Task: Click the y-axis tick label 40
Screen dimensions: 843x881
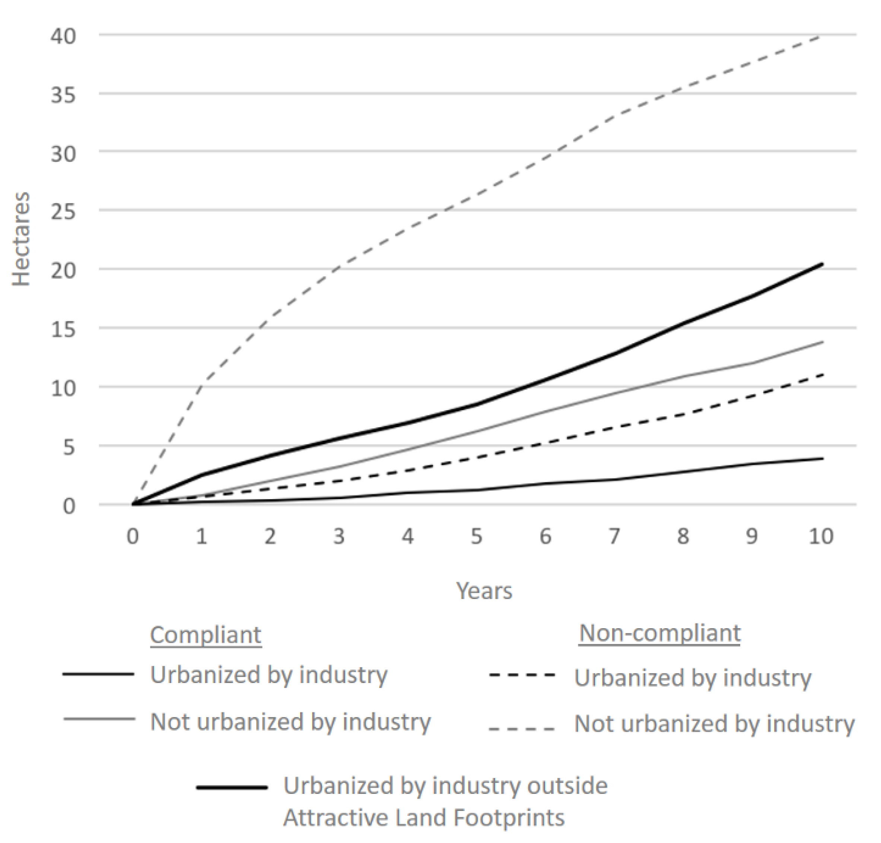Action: (63, 36)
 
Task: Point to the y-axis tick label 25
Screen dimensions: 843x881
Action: (63, 212)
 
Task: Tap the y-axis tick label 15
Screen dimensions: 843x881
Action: (63, 330)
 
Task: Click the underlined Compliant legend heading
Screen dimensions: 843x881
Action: (206, 635)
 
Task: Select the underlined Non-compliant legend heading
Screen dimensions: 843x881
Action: (659, 633)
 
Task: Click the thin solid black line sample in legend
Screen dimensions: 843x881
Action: (98, 674)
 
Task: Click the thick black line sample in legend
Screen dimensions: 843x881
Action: (232, 787)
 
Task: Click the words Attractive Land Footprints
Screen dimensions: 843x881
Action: (423, 818)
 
